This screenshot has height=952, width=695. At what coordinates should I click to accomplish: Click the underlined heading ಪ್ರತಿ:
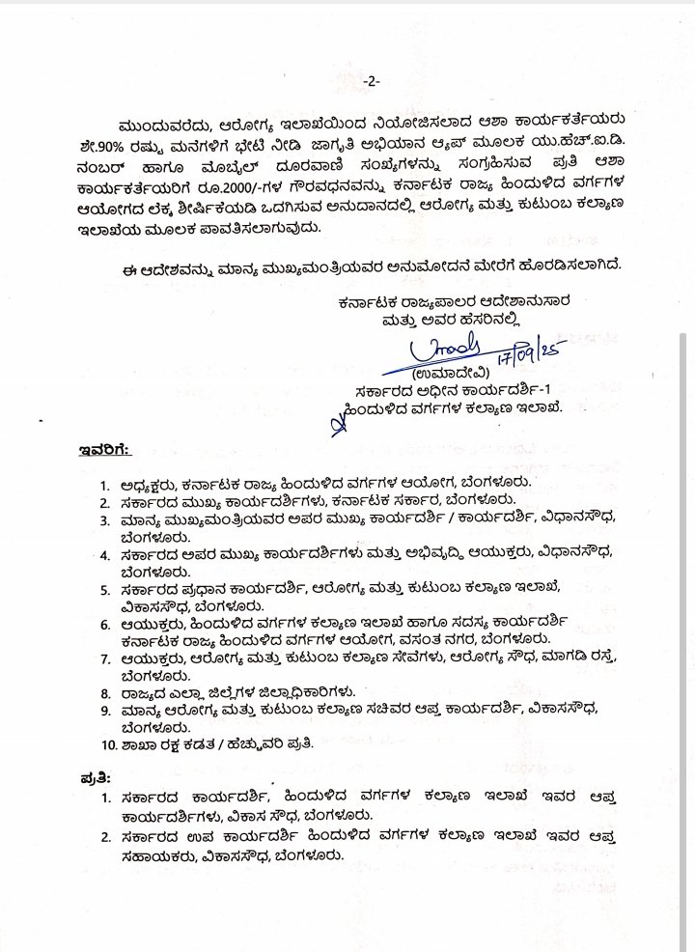[96, 776]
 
